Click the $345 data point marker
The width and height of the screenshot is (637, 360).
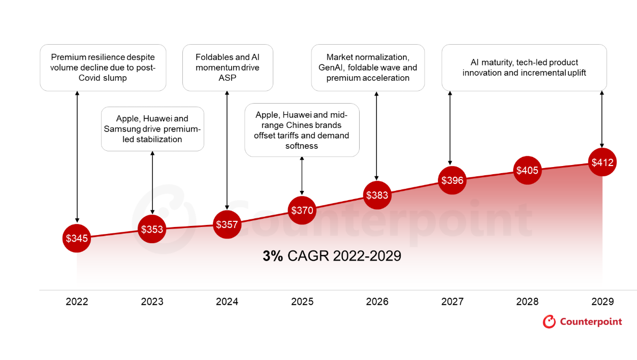click(x=77, y=238)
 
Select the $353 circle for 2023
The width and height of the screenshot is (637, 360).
click(x=152, y=229)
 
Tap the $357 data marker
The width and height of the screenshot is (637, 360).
click(x=227, y=224)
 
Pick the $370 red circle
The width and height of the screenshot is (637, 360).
click(x=302, y=210)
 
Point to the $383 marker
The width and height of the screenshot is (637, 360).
click(x=377, y=195)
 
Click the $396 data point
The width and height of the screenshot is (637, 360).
click(x=452, y=180)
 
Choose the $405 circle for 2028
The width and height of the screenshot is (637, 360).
click(x=527, y=170)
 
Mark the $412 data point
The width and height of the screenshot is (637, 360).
click(x=602, y=162)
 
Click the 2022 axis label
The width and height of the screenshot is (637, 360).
click(x=77, y=302)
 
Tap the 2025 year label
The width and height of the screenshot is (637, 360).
click(x=302, y=302)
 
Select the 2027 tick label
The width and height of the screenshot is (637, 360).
click(x=452, y=302)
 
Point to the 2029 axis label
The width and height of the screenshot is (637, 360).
click(x=602, y=302)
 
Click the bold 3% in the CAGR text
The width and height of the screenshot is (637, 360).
click(x=272, y=256)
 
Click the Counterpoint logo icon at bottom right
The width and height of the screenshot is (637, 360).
click(x=549, y=321)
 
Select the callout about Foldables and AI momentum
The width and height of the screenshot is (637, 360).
click(x=228, y=68)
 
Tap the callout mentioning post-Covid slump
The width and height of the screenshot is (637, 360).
click(x=103, y=68)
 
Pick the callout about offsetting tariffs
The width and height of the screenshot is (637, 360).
click(x=302, y=130)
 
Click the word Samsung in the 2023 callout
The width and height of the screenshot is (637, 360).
click(x=121, y=129)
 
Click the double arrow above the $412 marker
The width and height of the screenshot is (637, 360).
click(x=602, y=119)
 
